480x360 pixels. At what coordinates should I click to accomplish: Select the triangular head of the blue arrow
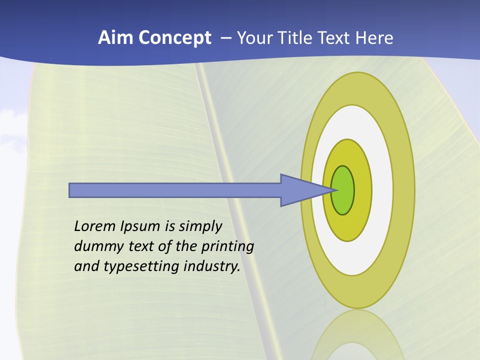point(300,190)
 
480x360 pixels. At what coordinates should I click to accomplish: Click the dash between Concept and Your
point(225,38)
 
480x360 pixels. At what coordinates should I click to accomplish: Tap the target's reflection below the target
point(357,335)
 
